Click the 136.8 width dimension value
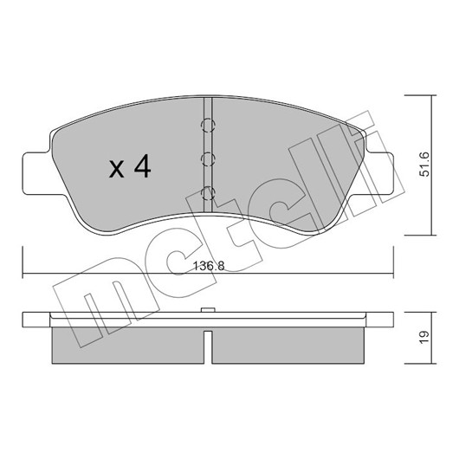(209, 267)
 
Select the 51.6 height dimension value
(424, 165)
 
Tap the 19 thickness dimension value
(424, 338)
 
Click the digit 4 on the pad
(143, 166)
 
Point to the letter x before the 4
(117, 170)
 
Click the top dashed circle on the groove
(208, 126)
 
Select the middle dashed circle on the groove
(208, 159)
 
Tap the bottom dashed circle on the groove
(208, 193)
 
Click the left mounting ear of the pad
(36, 174)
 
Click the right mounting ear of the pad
(379, 174)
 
